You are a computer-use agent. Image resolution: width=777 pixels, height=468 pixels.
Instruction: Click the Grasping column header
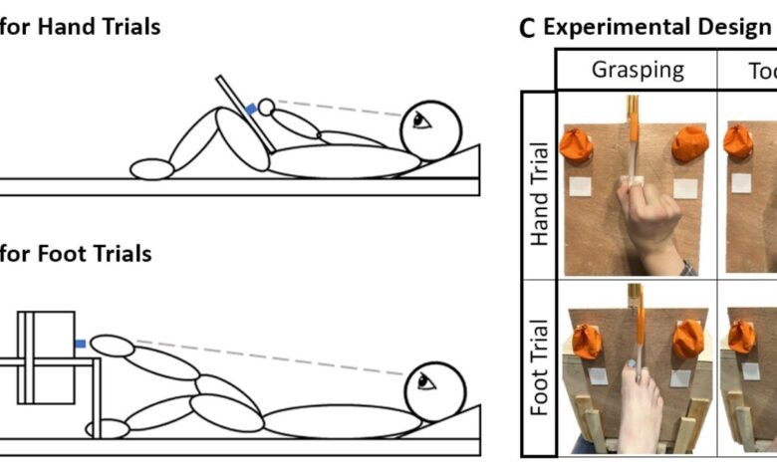coord(639,71)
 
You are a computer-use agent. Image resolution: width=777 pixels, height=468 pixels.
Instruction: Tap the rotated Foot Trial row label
coord(540,366)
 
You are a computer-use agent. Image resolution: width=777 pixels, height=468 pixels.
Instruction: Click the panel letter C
coord(528,28)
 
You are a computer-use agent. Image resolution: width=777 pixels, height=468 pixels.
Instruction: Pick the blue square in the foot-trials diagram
coord(80,343)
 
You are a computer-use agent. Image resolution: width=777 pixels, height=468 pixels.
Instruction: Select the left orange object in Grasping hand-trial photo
coord(576,145)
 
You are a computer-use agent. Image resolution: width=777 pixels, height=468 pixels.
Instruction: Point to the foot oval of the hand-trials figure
coord(152,169)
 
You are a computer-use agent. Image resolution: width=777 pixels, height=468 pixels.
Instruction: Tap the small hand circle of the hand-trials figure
coord(266,106)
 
